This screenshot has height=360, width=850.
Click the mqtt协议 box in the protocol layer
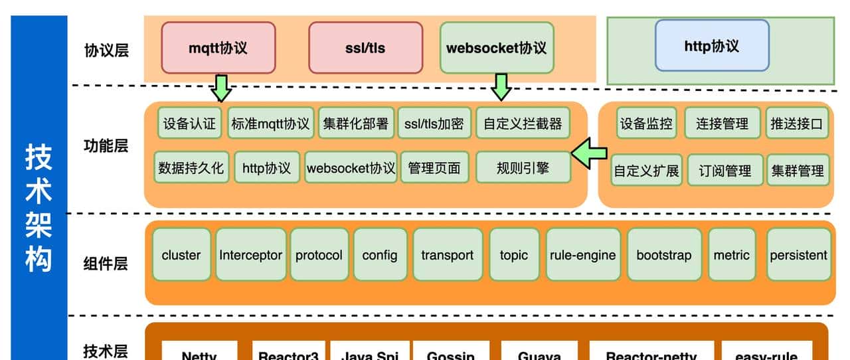point(218,48)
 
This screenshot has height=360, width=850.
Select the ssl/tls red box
point(365,48)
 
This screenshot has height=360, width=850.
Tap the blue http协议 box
point(712,46)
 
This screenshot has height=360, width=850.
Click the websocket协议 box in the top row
point(497,48)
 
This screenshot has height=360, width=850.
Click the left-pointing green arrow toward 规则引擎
point(590,154)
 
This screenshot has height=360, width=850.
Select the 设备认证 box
point(190,124)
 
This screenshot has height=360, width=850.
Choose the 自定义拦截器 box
point(523,124)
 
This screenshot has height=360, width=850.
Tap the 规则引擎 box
point(523,167)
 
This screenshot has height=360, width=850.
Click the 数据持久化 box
point(191,168)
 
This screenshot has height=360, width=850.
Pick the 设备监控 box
point(646,124)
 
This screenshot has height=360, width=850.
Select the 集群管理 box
point(798,171)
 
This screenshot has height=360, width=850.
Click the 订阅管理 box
point(724,171)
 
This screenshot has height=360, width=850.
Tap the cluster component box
point(181,255)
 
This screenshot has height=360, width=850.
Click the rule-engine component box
point(583,255)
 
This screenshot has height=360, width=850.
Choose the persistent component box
point(798,255)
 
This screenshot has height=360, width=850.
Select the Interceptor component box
point(251,255)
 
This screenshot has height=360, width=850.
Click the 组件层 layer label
point(106,264)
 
